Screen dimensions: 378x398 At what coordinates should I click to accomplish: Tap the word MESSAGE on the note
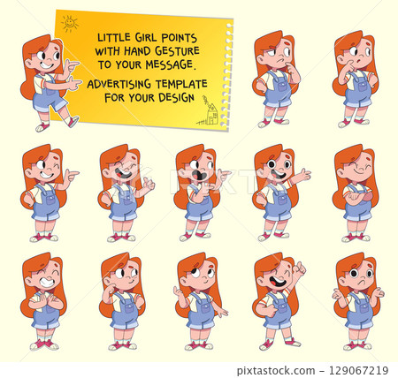coord(167,64)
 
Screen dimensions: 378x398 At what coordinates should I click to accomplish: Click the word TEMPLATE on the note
coord(181,84)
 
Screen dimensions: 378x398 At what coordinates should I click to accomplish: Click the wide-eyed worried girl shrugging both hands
coord(356,300)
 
